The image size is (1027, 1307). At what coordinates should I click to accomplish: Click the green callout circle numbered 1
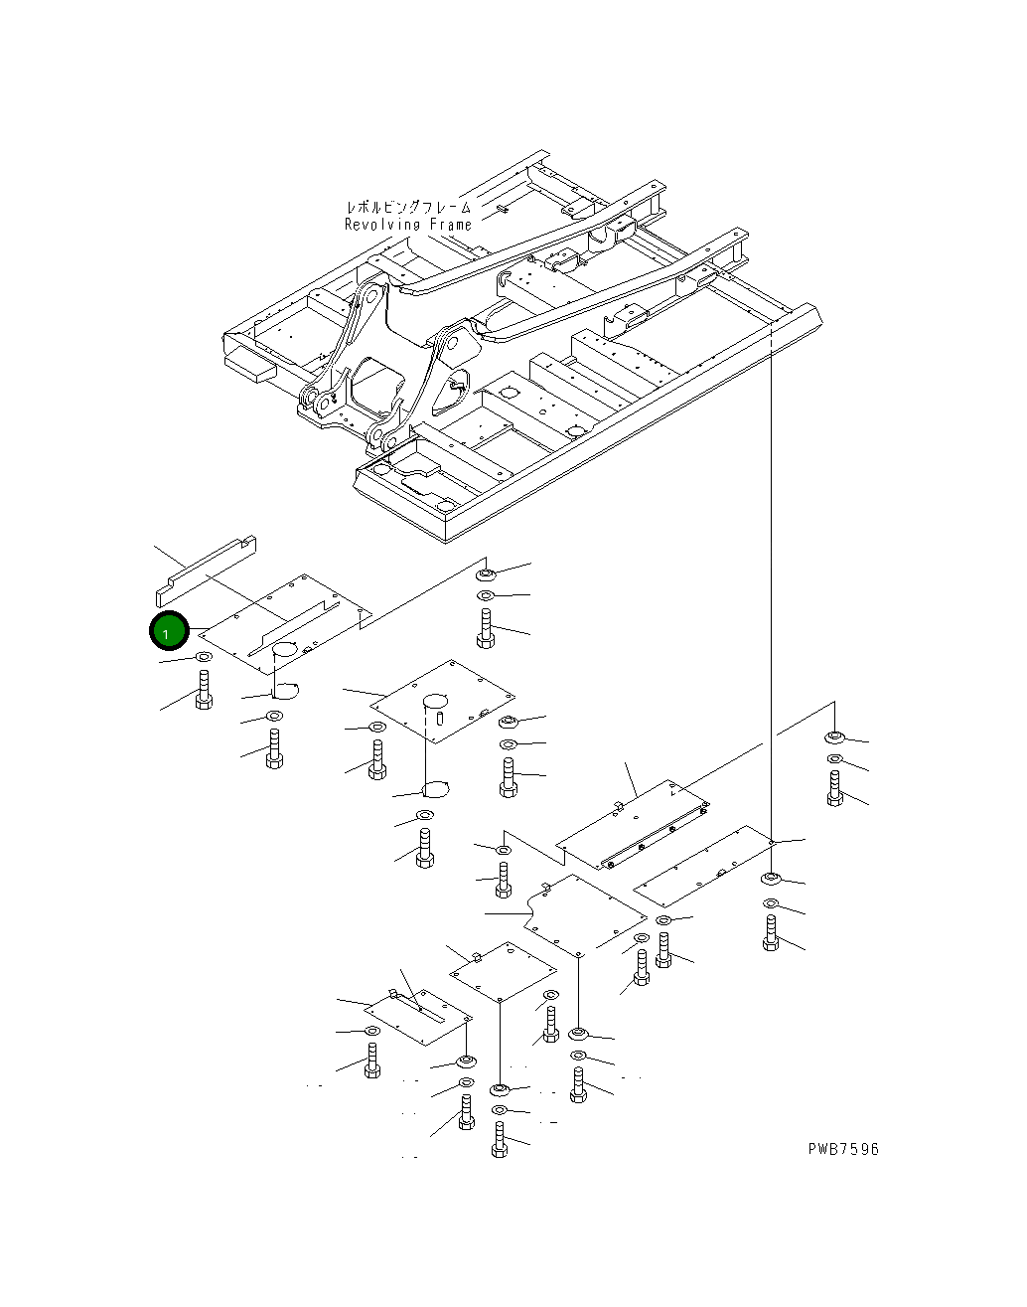click(169, 631)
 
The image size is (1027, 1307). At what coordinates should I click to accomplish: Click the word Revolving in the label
click(382, 225)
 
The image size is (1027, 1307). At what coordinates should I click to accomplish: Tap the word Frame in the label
click(450, 225)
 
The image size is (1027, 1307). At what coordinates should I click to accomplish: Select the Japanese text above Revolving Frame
click(408, 207)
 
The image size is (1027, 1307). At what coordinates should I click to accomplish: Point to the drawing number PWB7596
click(843, 1149)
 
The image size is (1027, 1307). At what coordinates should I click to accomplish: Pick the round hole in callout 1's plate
click(284, 649)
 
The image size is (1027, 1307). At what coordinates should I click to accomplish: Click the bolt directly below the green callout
click(204, 690)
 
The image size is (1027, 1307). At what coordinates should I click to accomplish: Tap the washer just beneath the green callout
click(203, 657)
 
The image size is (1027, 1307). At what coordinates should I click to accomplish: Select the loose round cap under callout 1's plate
click(285, 691)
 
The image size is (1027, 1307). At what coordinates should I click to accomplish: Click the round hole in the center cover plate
click(435, 702)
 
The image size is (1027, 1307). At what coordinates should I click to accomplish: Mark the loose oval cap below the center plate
click(435, 789)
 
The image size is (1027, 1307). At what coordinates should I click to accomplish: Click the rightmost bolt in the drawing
click(835, 788)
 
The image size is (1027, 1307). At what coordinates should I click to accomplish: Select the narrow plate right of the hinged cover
click(703, 866)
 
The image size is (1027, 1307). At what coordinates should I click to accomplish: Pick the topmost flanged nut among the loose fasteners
click(486, 573)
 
